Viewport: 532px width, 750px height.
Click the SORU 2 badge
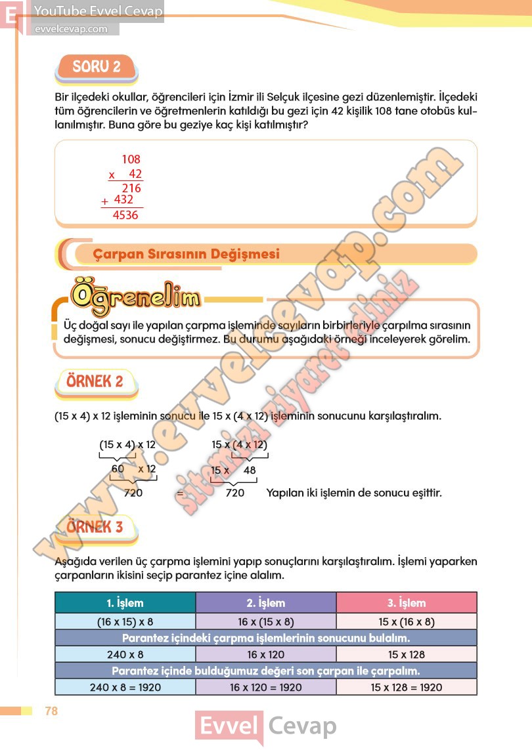tap(97, 66)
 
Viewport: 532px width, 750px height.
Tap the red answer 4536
tap(125, 215)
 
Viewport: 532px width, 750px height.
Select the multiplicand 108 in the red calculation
tap(131, 159)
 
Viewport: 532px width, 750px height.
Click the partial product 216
tap(131, 188)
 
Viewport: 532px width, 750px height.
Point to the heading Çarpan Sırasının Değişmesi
tap(186, 254)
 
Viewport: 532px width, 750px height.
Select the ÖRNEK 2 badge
tap(95, 381)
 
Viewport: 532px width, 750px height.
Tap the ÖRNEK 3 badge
tap(95, 526)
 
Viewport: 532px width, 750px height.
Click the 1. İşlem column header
tap(125, 602)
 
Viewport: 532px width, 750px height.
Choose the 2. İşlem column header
tap(266, 602)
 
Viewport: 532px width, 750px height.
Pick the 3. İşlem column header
tap(407, 602)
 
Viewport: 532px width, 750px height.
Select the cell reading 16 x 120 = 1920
tap(266, 687)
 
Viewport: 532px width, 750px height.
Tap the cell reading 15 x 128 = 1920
tap(407, 687)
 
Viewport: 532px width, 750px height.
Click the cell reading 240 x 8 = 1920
tap(125, 687)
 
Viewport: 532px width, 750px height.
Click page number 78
tap(51, 711)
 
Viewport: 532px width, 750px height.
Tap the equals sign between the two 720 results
tap(179, 493)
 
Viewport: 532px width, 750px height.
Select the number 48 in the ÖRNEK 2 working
tap(250, 470)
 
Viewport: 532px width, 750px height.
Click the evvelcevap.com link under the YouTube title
tap(70, 29)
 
